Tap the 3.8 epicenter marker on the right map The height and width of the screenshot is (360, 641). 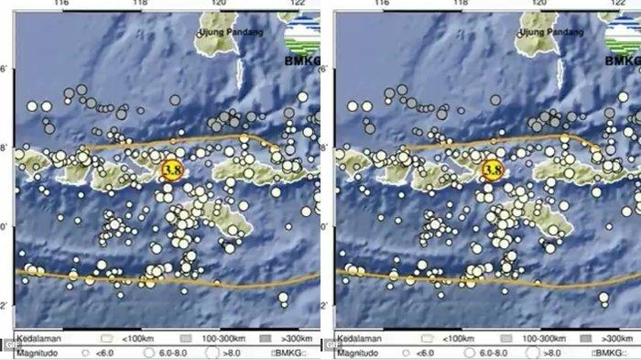point(494,169)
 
